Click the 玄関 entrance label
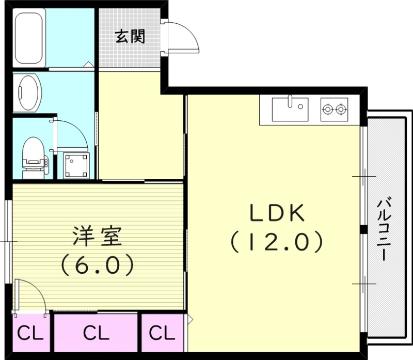coord(130,37)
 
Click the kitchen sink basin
coord(290,109)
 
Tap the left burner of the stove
coord(327,109)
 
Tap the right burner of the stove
coord(340,109)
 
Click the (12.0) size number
coord(277,241)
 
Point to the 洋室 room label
coord(97,237)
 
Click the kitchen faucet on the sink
coord(291,100)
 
